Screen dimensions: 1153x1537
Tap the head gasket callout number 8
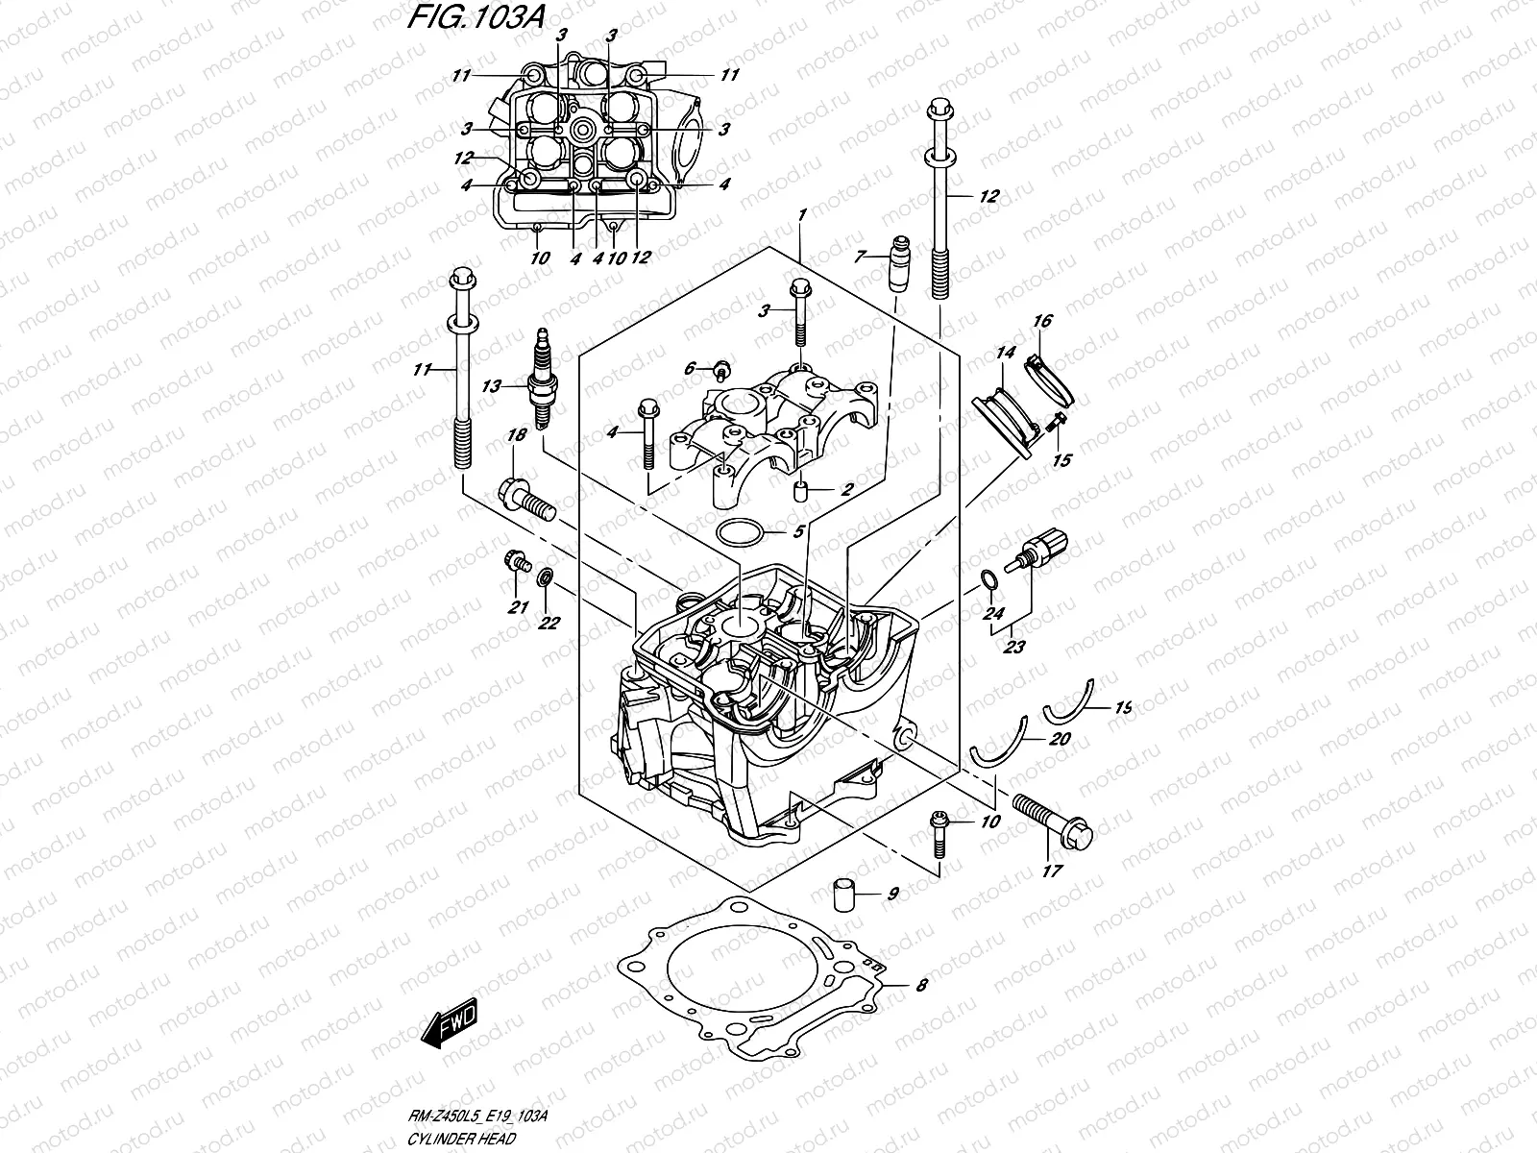[921, 984]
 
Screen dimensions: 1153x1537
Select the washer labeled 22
[546, 578]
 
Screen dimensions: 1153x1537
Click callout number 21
[519, 607]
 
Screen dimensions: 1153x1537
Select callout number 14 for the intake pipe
[1005, 354]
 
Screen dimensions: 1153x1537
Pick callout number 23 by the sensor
[1013, 647]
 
